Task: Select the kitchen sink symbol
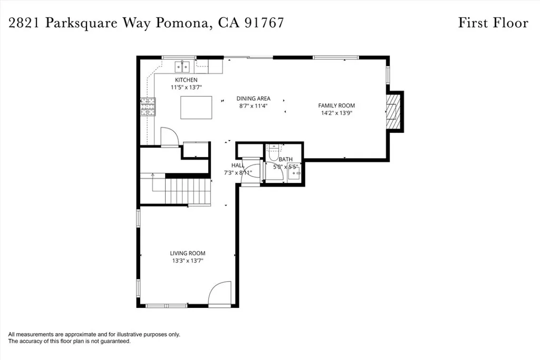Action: coord(183,66)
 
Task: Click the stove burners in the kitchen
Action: coord(148,107)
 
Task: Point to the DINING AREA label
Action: coord(253,99)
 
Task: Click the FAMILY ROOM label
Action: coord(336,105)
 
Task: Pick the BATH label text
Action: coord(285,159)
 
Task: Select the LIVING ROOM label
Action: coord(187,253)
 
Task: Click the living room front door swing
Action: coord(220,294)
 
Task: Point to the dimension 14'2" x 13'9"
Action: coord(336,113)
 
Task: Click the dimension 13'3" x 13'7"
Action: coord(187,260)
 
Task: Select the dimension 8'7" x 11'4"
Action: coord(253,105)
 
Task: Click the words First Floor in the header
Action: coord(493,23)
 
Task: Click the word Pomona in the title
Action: coord(183,23)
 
